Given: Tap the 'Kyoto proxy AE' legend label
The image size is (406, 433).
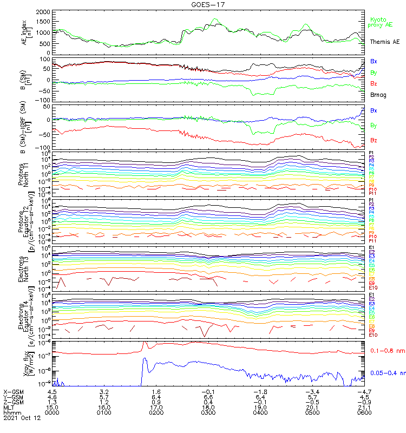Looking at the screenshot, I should (x=382, y=22).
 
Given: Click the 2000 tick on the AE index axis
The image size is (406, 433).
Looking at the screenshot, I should (x=42, y=11).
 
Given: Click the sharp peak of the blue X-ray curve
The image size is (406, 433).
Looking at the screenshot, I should (x=145, y=358).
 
